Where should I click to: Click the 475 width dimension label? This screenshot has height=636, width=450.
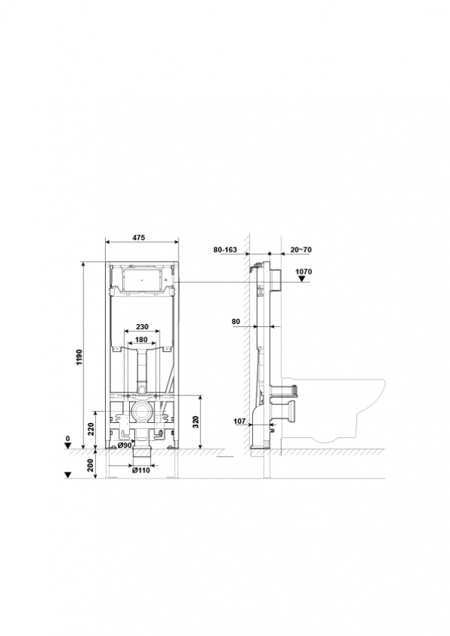click(x=139, y=238)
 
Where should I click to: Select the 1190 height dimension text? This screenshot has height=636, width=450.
click(x=79, y=357)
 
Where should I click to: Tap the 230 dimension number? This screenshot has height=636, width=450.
click(x=142, y=326)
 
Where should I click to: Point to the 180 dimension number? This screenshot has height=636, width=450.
click(x=141, y=340)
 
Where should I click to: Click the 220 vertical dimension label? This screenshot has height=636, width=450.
click(x=91, y=429)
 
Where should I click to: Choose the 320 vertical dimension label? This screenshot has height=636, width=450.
click(x=195, y=423)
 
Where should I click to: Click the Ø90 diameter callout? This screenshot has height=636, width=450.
click(x=124, y=445)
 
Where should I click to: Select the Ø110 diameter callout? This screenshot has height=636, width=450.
click(x=141, y=470)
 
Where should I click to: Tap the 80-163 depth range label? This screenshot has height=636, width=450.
click(x=225, y=250)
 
